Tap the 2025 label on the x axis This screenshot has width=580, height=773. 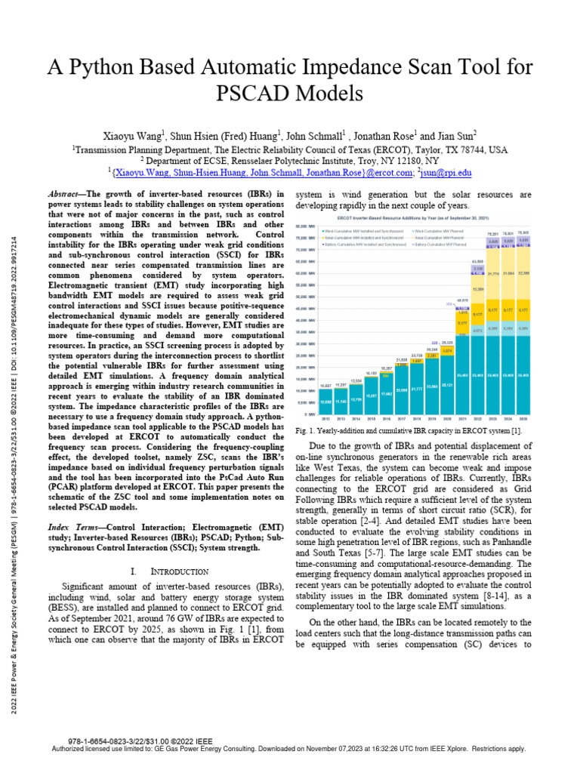[523, 417]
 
